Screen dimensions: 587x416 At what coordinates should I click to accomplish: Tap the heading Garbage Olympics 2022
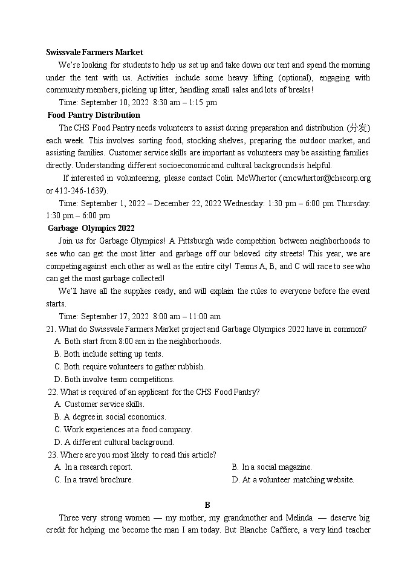click(x=91, y=228)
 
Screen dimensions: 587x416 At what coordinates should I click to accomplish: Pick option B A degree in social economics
click(x=109, y=417)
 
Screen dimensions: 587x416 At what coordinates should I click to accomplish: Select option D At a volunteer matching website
click(x=293, y=480)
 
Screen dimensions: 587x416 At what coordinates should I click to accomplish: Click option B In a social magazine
click(x=271, y=467)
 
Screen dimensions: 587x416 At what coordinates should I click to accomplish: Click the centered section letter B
click(x=207, y=505)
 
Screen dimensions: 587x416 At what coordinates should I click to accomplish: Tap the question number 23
click(x=52, y=455)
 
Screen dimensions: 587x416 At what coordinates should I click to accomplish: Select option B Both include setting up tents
click(x=108, y=354)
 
